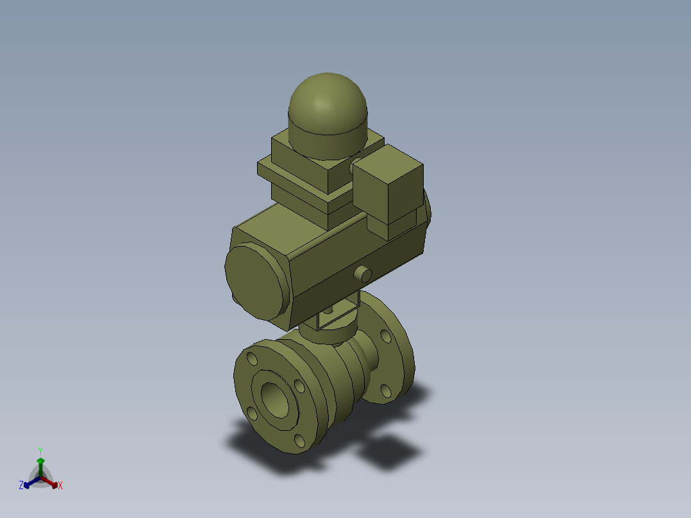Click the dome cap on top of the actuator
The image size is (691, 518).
(328, 109)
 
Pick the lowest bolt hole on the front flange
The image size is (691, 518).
(299, 440)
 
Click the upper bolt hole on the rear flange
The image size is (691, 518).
(385, 336)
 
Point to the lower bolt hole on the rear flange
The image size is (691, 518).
(385, 390)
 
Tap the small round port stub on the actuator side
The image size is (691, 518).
(363, 274)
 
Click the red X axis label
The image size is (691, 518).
(60, 486)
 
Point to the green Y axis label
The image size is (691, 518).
(40, 451)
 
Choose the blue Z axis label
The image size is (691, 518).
(21, 485)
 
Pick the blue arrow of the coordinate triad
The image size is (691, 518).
(29, 482)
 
